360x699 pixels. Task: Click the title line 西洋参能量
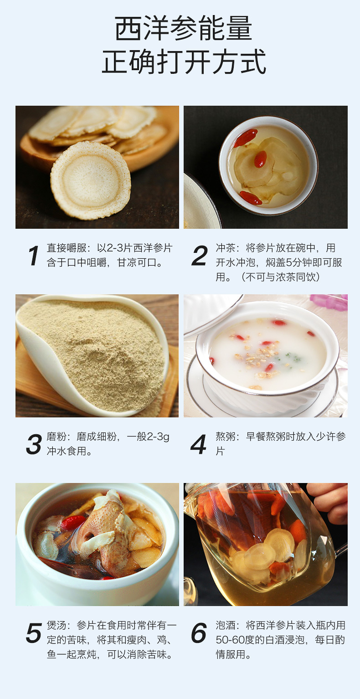coord(184,28)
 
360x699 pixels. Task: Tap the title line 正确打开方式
coord(184,62)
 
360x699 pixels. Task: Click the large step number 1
coord(33,256)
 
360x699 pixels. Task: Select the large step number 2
coord(199,256)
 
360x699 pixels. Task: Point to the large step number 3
coord(34,444)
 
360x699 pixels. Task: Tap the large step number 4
coord(198,444)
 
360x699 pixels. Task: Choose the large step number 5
coord(34,633)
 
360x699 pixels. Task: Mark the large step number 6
coord(199,633)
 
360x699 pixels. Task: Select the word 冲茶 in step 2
coord(226,248)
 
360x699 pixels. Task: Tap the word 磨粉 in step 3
coord(57,437)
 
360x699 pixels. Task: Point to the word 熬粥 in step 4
coord(226,437)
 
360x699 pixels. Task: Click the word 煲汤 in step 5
coord(57,625)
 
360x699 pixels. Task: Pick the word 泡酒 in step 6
coord(226,625)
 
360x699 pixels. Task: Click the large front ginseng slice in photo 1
coord(91,180)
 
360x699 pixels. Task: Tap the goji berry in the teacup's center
coord(260,159)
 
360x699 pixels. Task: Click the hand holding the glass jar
coord(329,503)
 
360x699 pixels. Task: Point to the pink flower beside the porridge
coord(329,302)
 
